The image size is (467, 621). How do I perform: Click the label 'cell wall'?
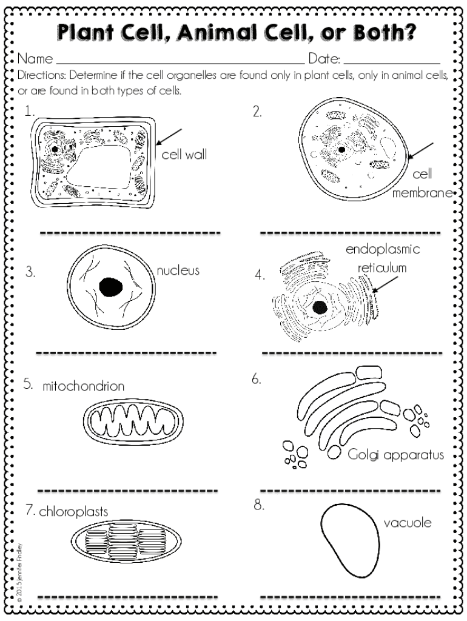coord(184,155)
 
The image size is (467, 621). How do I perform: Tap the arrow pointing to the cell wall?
coord(170,136)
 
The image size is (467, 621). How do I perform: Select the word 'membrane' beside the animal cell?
coord(423,193)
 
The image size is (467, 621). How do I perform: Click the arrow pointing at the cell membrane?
coord(423,151)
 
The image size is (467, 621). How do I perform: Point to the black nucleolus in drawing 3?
coord(111,287)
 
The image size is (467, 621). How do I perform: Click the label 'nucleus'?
coord(178,270)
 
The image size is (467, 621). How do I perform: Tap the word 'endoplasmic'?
coord(383,250)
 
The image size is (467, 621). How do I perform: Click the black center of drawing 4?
coord(319,307)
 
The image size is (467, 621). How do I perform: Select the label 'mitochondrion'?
coord(84,386)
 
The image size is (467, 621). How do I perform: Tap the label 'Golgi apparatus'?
coord(396,454)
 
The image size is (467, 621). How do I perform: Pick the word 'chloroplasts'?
coord(73,511)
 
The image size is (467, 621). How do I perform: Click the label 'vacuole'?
coord(407,522)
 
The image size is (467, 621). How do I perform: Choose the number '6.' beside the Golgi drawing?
coord(257,380)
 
